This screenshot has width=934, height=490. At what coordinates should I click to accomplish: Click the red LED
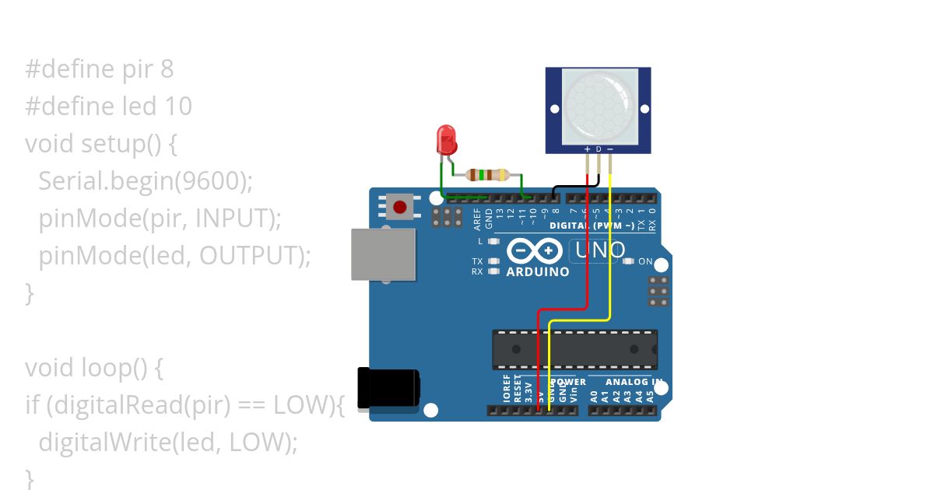447,139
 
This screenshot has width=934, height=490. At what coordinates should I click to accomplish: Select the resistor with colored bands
486,175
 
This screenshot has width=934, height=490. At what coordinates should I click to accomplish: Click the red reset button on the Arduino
399,207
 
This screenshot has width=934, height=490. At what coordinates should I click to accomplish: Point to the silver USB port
383,254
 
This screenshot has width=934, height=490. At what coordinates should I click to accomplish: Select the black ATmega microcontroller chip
574,349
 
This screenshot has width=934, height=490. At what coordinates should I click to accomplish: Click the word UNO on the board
600,250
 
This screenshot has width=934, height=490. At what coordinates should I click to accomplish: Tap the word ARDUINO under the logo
538,272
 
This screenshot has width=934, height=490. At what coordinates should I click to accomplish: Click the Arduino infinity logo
535,250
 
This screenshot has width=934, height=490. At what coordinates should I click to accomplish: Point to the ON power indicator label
645,261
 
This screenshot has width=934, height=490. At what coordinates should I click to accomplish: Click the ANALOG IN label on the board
634,382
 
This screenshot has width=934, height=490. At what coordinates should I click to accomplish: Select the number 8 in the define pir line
167,69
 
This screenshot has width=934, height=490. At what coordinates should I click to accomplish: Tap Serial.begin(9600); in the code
146,180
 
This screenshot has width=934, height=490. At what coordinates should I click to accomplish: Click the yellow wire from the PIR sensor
610,249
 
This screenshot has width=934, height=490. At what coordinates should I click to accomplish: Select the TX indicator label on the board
477,261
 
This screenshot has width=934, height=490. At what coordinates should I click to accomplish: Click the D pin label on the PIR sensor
598,149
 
